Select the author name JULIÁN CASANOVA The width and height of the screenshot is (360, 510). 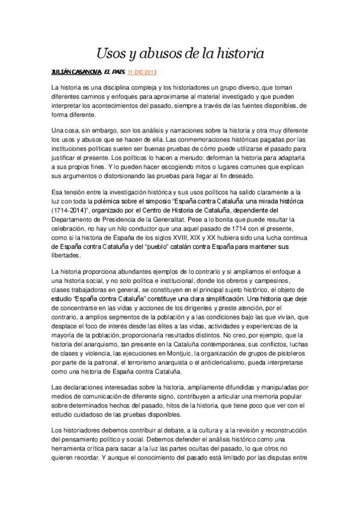pos(76,72)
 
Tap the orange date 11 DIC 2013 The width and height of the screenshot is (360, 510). pos(142,72)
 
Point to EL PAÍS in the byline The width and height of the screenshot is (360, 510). pos(114,72)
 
